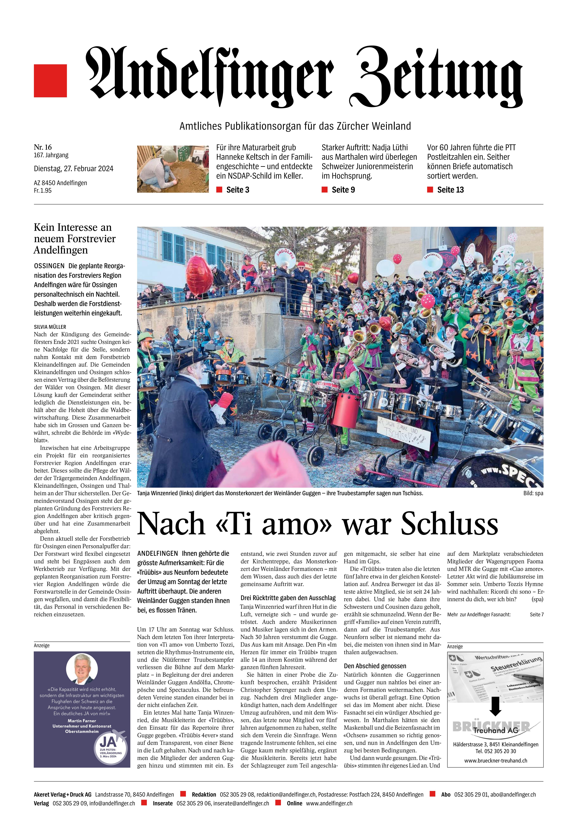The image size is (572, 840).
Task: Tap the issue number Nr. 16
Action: tap(43, 147)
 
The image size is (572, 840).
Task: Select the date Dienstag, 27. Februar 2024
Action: tap(73, 168)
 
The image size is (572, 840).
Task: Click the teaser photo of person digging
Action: tap(173, 169)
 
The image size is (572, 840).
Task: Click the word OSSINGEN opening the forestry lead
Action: tap(49, 266)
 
